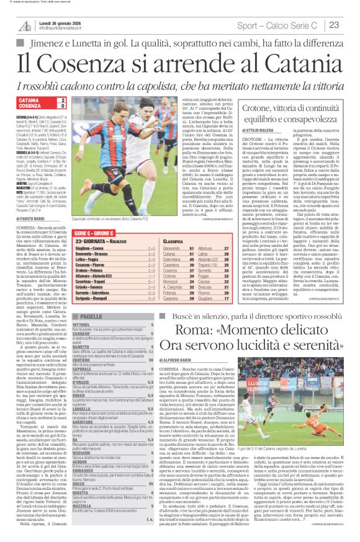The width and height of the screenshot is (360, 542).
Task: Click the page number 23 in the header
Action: [334, 25]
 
